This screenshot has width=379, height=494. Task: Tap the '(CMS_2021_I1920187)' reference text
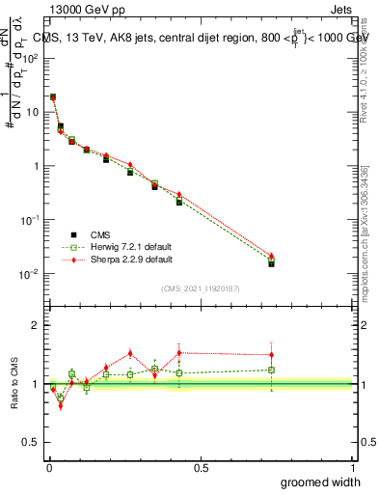pos(201,288)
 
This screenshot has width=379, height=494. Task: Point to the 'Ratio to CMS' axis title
pos(15,383)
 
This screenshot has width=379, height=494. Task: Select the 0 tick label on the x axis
pos(49,468)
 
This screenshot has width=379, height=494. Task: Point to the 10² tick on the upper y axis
pos(31,58)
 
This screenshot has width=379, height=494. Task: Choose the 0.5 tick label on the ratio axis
pos(31,444)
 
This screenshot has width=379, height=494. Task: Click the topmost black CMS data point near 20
pos(53,97)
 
